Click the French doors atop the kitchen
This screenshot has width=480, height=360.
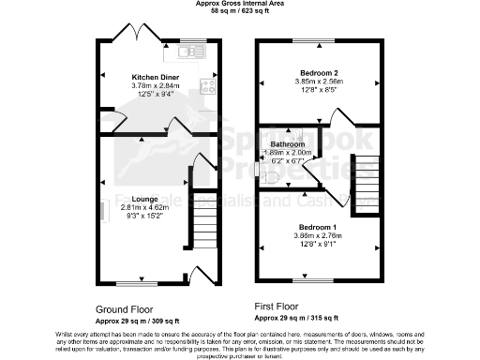pos(132,35)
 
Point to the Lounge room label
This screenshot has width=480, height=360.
pos(118,199)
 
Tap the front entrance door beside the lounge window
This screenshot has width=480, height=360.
pos(200,274)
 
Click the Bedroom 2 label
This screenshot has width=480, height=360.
pos(319,72)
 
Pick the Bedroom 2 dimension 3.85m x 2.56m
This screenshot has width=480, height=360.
pos(319,82)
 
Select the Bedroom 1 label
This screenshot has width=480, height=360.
pos(318,228)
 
